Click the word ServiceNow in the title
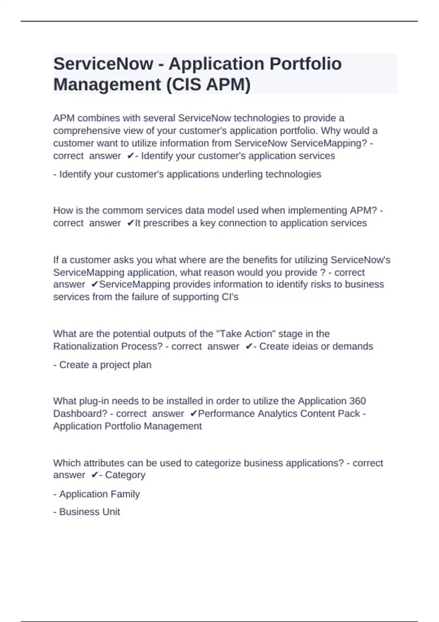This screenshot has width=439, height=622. point(103,64)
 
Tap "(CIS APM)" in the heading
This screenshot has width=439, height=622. point(208,85)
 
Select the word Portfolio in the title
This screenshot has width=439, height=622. point(305,64)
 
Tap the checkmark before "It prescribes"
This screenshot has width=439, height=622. point(131,223)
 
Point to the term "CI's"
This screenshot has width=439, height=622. point(230,297)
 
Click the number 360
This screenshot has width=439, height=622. point(357,401)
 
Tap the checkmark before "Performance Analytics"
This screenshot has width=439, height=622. point(194,414)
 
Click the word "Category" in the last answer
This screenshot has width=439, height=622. point(125,475)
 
